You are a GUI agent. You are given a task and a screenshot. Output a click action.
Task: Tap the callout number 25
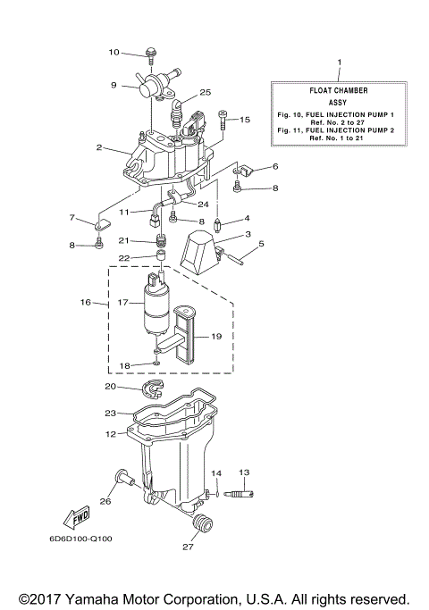[x=205, y=92]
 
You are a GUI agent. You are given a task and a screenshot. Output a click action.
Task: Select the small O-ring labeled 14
[x=215, y=493]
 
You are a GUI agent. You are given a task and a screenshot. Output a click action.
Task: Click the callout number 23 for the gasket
[x=110, y=413]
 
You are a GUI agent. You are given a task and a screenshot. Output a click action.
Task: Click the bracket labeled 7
[x=99, y=223]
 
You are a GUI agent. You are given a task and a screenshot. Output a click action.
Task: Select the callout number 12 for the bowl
[x=110, y=433]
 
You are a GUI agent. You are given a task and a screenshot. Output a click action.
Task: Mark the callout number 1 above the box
[x=339, y=63]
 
